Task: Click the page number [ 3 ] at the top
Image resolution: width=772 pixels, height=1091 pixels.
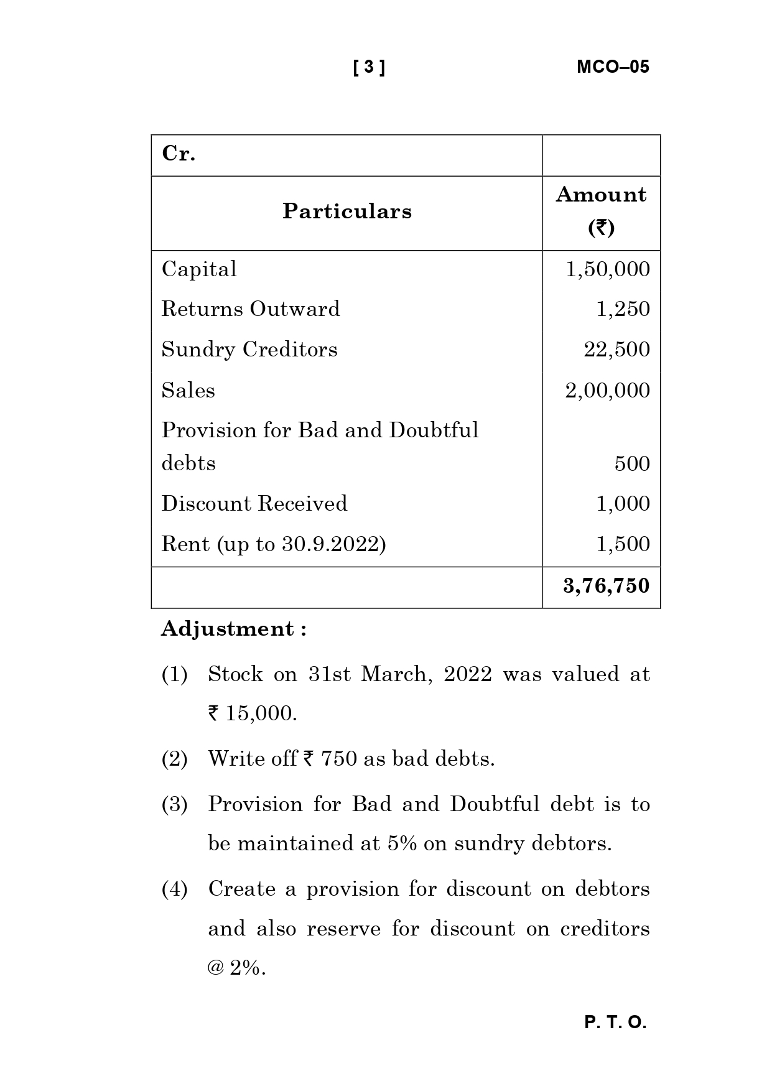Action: click(369, 67)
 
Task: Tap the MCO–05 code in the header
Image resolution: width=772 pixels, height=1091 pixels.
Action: click(613, 67)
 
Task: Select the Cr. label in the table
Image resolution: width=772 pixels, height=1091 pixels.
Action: click(179, 154)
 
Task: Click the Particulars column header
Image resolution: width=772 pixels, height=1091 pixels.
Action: click(346, 211)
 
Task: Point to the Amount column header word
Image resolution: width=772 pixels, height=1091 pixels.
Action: click(600, 195)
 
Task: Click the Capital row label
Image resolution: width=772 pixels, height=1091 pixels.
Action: click(199, 269)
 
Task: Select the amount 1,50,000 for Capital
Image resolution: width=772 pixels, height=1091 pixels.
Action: click(607, 269)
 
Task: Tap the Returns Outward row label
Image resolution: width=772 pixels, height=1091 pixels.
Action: click(251, 309)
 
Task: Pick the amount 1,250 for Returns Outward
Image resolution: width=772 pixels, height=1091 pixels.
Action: click(623, 309)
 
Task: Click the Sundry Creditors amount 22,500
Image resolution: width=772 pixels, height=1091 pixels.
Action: click(616, 350)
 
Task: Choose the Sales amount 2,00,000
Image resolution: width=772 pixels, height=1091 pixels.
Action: click(607, 391)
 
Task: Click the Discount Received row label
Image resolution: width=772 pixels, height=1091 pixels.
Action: click(254, 504)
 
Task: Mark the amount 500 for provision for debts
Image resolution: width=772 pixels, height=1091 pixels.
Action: click(632, 464)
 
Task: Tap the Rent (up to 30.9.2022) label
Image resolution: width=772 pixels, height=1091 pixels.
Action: click(274, 544)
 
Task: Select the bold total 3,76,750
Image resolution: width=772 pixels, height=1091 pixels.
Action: click(606, 586)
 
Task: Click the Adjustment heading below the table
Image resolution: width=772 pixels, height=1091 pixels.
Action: click(234, 629)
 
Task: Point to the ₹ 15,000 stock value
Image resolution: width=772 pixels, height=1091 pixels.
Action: click(252, 713)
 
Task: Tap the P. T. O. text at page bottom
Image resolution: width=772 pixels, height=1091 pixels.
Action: click(615, 1023)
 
